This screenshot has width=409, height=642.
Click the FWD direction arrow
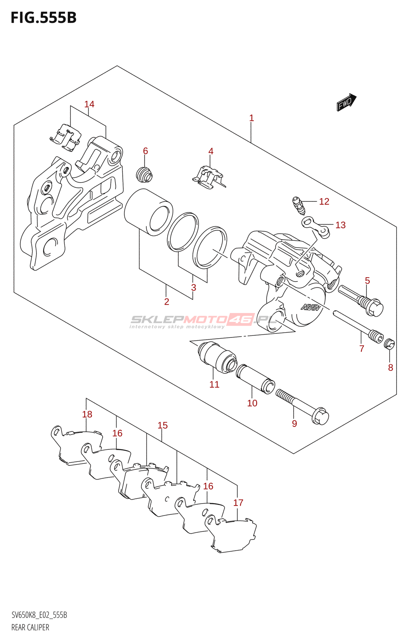(346, 102)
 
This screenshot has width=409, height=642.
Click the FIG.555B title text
(44, 18)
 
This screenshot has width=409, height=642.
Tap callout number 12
(324, 201)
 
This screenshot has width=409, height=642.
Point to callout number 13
(340, 225)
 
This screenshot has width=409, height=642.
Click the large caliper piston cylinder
(148, 212)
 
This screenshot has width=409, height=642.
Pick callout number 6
(146, 151)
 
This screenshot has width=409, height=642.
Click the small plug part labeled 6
(145, 175)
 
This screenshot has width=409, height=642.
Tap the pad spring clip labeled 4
(209, 178)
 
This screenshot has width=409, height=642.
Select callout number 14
(89, 104)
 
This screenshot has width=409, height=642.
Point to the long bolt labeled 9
(302, 406)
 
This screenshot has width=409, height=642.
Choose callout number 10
(252, 403)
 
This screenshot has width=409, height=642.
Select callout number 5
(367, 280)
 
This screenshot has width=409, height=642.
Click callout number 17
(238, 503)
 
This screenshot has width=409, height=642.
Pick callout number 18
(87, 414)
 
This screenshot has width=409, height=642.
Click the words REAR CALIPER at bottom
(30, 628)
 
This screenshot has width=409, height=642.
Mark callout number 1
(251, 118)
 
